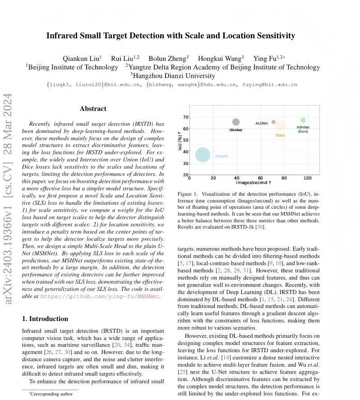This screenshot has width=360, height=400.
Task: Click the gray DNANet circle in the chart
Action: pyautogui.click(x=236, y=122)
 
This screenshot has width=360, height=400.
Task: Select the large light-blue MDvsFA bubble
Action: pyautogui.click(x=203, y=155)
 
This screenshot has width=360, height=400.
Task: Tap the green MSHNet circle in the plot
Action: pyautogui.click(x=303, y=120)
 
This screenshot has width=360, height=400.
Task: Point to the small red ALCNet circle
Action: pyautogui.click(x=273, y=122)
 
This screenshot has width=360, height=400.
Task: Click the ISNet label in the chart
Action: pyautogui.click(x=280, y=135)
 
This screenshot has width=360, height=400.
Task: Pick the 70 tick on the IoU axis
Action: pyautogui.click(x=186, y=117)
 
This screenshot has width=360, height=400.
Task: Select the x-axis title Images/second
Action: pyautogui.click(x=254, y=183)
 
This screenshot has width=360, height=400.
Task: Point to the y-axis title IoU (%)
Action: pyautogui.click(x=180, y=141)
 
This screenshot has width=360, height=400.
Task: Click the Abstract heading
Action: pyautogui.click(x=93, y=109)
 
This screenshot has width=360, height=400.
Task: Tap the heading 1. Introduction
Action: pyautogui.click(x=45, y=319)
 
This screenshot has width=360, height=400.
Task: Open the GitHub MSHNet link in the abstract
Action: pyautogui.click(x=100, y=296)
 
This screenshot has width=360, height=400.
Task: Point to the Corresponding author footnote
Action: pyautogui.click(x=51, y=394)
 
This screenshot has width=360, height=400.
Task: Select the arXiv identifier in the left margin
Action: pyautogui.click(x=8, y=198)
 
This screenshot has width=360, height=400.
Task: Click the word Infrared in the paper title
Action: pyautogui.click(x=63, y=36)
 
